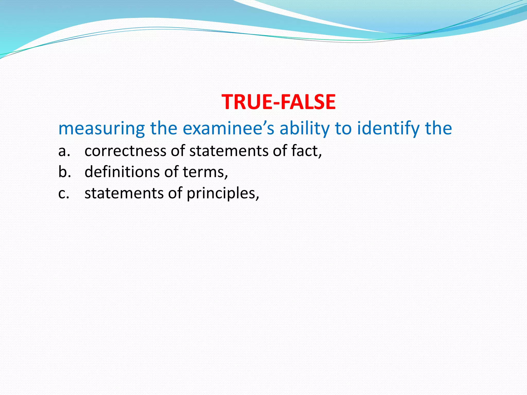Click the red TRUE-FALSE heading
click(x=278, y=102)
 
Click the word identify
click(x=389, y=128)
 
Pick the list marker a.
click(x=64, y=151)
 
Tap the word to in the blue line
click(x=343, y=128)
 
